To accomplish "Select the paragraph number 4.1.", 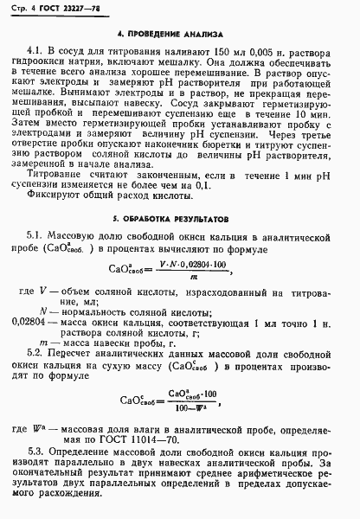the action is click(36, 51).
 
